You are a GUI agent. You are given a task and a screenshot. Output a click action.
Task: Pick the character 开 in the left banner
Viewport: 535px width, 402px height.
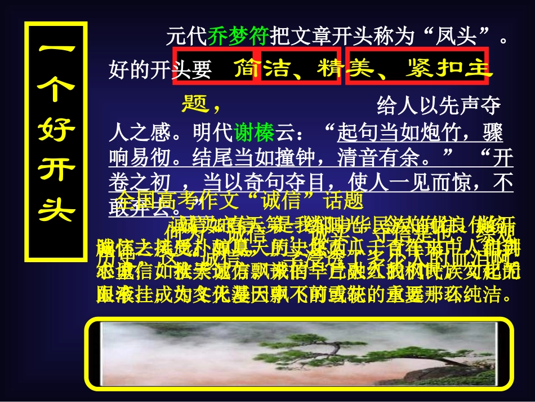click(x=56, y=170)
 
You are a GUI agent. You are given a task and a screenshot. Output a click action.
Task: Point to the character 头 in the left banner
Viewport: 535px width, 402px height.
click(x=56, y=210)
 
